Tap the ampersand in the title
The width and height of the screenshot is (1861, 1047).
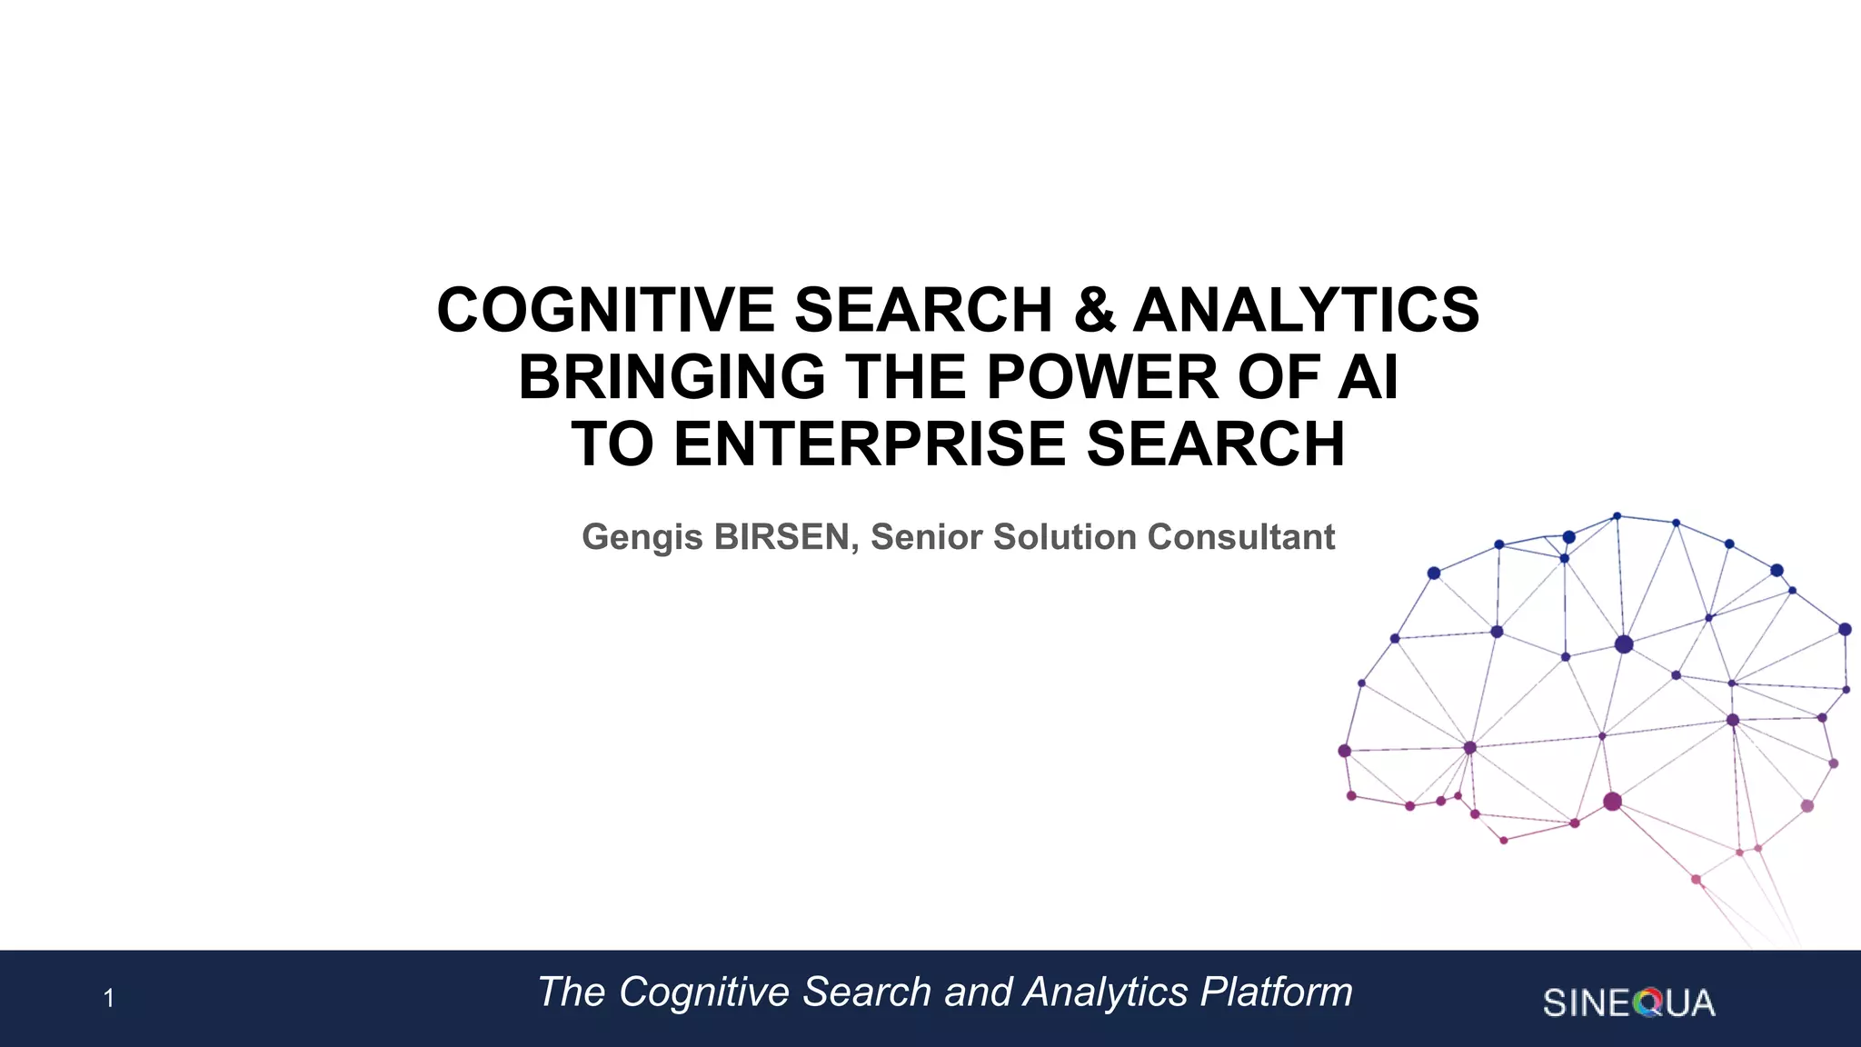[1094, 310]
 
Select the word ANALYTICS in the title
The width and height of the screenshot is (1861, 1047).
[1306, 310]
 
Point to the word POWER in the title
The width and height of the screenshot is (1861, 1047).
[1102, 377]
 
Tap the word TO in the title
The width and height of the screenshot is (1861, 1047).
[612, 444]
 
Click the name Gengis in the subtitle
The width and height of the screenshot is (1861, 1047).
[642, 538]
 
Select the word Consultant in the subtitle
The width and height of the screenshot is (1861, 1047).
[1240, 537]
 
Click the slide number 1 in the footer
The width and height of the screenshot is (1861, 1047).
[108, 999]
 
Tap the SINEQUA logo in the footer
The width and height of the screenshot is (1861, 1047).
[1628, 1002]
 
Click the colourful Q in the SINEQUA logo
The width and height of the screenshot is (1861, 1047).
[1647, 1003]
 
